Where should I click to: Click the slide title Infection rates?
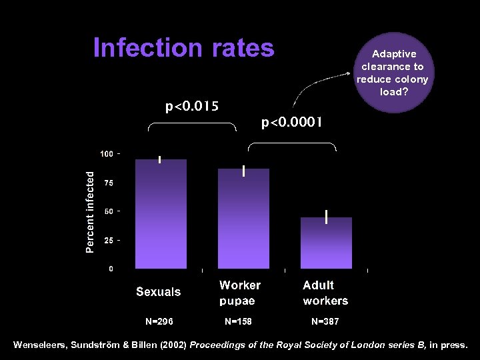(183, 48)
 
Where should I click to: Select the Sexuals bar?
(161, 213)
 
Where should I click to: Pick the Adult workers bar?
(326, 243)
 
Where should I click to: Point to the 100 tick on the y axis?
(107, 154)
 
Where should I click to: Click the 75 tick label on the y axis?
(108, 183)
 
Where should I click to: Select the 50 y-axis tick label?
(108, 211)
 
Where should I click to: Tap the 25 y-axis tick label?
(108, 240)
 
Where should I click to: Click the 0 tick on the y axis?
(111, 269)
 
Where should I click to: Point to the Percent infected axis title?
(91, 211)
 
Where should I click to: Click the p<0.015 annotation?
(192, 106)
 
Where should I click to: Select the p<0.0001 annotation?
(292, 122)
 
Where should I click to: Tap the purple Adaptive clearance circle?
(393, 73)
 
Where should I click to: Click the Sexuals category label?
(159, 291)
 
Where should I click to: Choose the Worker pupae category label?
(240, 293)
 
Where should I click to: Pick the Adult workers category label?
(325, 293)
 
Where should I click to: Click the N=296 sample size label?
(159, 321)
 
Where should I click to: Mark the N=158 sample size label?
(238, 321)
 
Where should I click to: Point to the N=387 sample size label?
(325, 321)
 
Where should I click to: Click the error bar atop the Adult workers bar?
(326, 217)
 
